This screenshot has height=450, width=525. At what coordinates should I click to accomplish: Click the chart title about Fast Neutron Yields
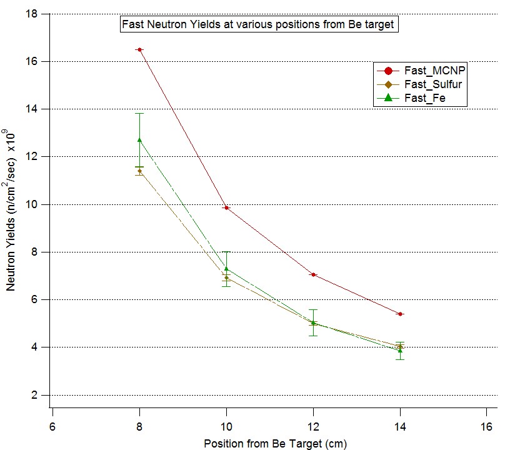(259, 25)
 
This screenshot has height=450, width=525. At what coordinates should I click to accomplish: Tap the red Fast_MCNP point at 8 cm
(139, 49)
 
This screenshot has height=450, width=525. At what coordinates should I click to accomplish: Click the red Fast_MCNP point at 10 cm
(226, 207)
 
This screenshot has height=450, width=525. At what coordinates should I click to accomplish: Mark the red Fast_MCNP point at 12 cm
(313, 274)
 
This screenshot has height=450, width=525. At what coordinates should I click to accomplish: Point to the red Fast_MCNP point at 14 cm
(400, 314)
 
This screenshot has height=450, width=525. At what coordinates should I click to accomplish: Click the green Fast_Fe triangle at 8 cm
(139, 140)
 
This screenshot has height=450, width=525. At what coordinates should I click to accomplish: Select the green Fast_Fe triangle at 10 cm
(226, 269)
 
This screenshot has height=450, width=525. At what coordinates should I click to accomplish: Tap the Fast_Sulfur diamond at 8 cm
(139, 171)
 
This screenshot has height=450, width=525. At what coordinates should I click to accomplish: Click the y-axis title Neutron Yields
(11, 209)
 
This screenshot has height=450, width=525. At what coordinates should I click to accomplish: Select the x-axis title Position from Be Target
(275, 443)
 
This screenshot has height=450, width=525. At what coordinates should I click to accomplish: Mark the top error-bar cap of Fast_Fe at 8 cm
(139, 114)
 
